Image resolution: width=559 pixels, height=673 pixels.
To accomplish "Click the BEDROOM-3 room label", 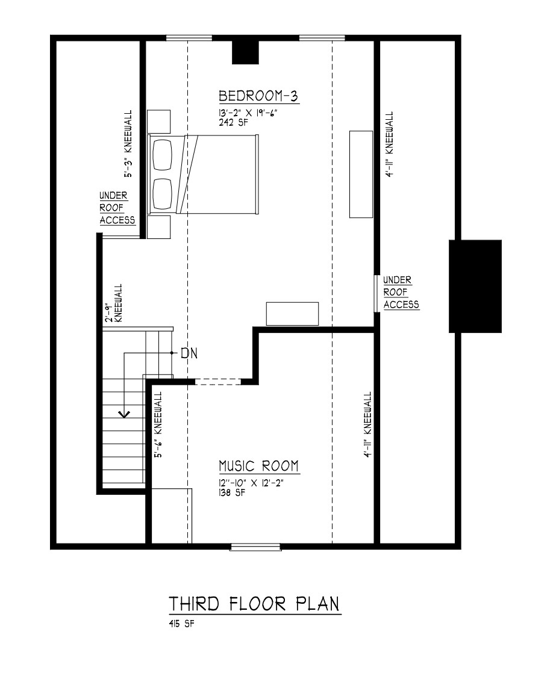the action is pos(258,96).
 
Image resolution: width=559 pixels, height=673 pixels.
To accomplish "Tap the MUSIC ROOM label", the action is pos(258,466).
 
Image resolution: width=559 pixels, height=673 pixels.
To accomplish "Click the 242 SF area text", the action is pos(233,122).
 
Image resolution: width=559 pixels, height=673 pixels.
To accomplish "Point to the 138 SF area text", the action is pos(232,493).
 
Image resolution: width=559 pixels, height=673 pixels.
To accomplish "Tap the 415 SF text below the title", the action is pos(181,624).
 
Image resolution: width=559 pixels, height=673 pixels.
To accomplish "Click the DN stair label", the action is pos(189,353).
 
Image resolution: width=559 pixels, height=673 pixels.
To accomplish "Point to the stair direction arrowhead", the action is pos(125,414).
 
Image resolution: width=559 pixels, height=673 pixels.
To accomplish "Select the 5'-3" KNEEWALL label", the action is pos(128,144).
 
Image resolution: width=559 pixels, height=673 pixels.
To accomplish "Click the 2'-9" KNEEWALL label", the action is pos(114,303).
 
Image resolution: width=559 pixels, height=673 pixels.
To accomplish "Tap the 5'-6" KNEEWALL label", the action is pos(158,424).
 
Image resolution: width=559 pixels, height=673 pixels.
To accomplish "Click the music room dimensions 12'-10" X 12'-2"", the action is pos(251,483).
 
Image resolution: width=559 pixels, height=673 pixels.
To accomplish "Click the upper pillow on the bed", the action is pos(162,155).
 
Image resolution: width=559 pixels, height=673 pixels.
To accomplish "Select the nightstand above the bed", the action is pos(159,122).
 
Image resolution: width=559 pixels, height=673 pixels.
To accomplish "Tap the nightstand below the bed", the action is pos(159,226).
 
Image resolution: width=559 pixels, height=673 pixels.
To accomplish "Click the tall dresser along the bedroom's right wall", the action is pos(361,174).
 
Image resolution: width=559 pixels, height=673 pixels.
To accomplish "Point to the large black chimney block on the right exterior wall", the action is pos(475,287).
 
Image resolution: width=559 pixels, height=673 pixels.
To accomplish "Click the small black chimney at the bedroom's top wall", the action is pos(245,52).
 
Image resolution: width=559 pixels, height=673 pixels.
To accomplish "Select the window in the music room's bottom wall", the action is pos(255,547).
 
